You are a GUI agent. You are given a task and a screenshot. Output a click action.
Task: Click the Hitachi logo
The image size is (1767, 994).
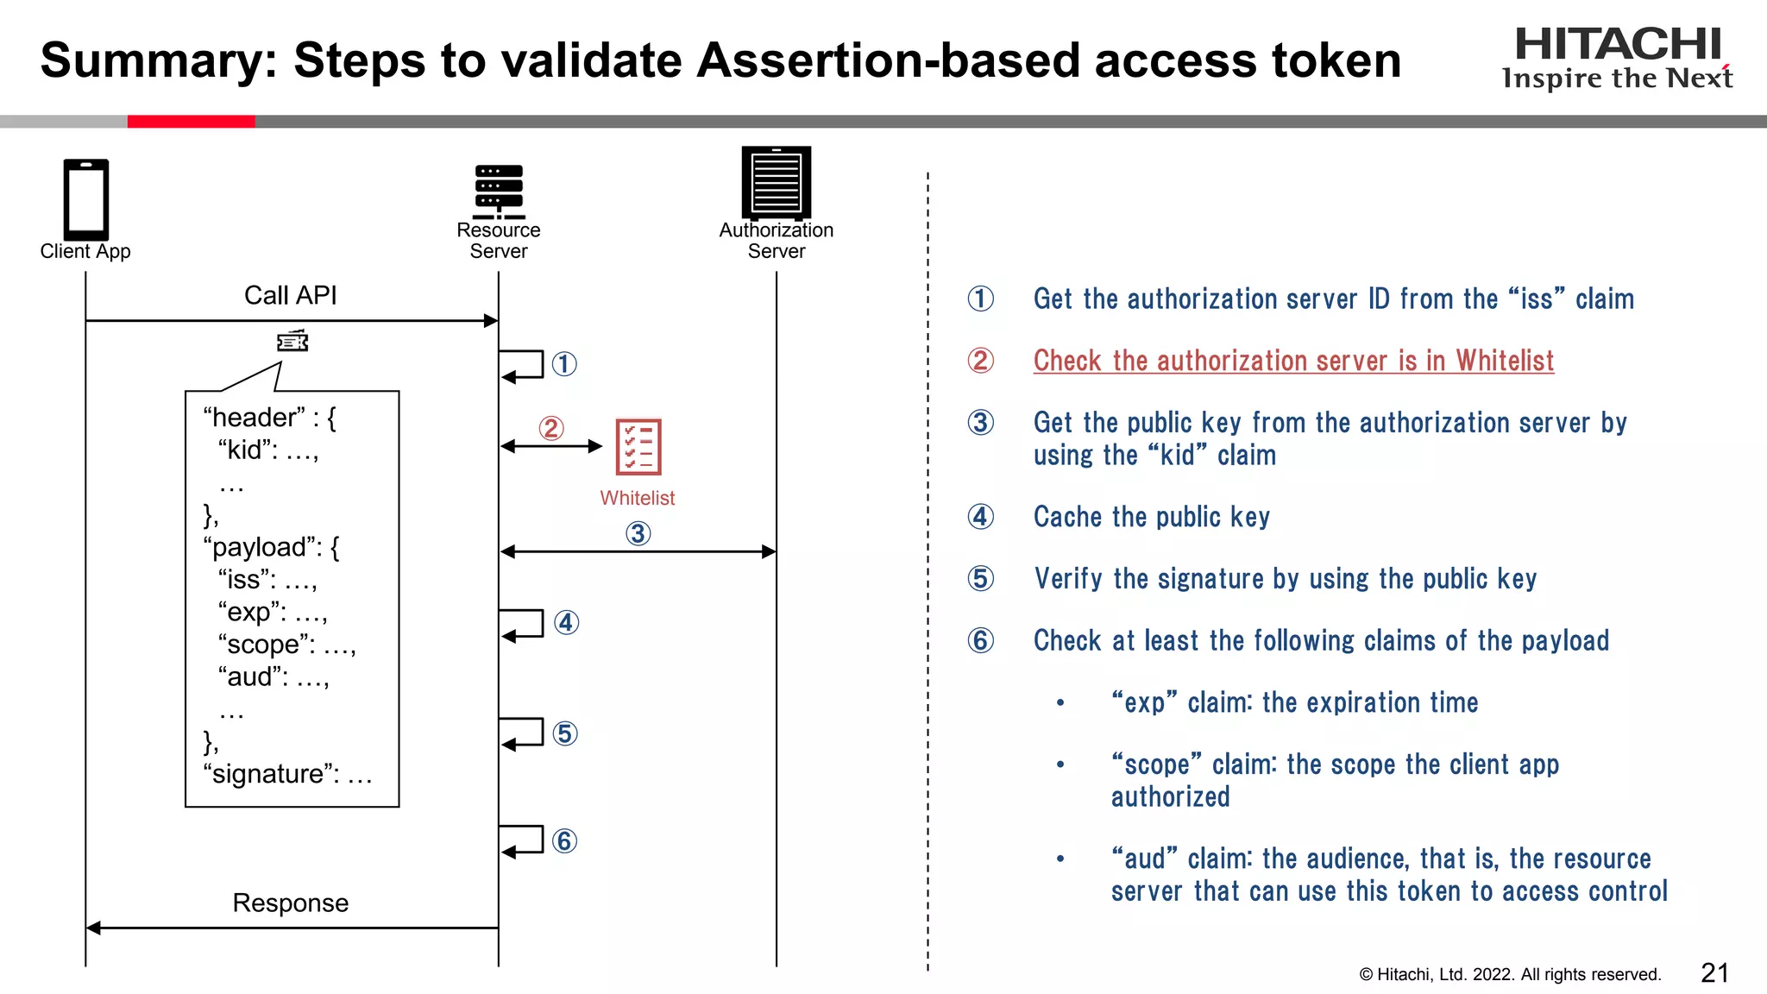(x=1617, y=57)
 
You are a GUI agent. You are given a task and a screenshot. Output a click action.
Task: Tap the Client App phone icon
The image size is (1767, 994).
(x=85, y=199)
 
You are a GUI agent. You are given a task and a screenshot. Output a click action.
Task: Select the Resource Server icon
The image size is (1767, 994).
(x=499, y=192)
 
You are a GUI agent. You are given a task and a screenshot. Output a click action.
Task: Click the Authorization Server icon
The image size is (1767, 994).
(x=776, y=181)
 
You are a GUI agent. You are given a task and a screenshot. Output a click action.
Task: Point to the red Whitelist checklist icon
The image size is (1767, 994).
(x=638, y=447)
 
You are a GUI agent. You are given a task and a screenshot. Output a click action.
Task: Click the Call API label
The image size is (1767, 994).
(x=290, y=295)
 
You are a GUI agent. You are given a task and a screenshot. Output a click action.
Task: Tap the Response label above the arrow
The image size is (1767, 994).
(x=290, y=903)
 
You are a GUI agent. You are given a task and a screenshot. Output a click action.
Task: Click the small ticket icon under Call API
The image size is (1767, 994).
(x=292, y=342)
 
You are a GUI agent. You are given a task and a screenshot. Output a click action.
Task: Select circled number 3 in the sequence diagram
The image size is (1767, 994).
(x=638, y=533)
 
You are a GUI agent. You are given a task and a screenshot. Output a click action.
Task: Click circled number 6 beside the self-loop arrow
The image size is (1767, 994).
(x=564, y=840)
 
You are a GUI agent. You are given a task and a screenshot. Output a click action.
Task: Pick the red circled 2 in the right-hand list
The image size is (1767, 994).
(x=980, y=360)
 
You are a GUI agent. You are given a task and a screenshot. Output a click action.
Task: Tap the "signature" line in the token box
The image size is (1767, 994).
(x=287, y=774)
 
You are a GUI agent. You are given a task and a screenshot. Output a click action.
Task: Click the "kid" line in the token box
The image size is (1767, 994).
(x=268, y=450)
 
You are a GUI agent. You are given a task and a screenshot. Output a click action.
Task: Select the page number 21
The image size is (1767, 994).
(x=1714, y=972)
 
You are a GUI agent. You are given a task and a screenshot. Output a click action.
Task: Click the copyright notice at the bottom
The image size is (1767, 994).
(x=1510, y=974)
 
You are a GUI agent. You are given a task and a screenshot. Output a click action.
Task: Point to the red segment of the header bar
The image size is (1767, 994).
(x=191, y=122)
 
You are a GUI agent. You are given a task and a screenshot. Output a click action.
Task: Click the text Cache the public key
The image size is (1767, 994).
(x=1151, y=517)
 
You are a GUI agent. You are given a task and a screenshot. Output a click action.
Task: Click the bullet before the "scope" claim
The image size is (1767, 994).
(x=1060, y=764)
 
